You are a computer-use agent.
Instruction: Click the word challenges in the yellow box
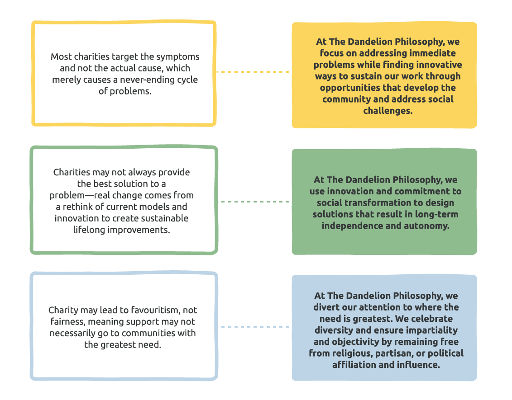coord(388,111)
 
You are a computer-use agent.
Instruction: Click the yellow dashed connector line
coord(254,72)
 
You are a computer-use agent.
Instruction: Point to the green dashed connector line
coord(254,202)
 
